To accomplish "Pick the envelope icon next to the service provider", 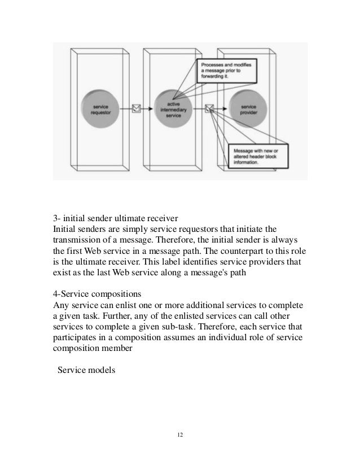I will [x=210, y=108].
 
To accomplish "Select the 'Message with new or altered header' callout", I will [x=257, y=155].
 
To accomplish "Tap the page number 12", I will [x=180, y=435].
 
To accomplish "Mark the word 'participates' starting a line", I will [x=74, y=339].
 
